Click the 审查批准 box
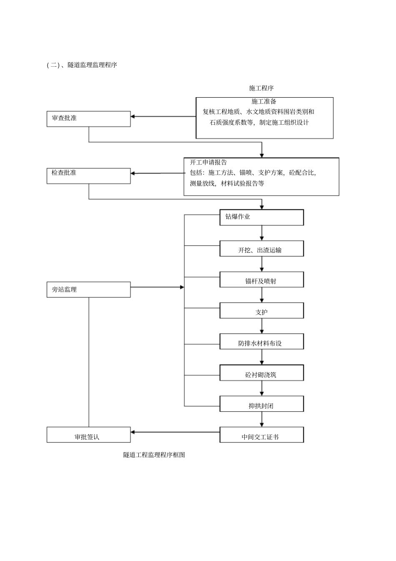(88, 119)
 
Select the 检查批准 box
(88, 176)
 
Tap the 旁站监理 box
(88, 289)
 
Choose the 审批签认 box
(88, 435)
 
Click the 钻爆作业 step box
(261, 217)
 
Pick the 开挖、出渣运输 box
(261, 249)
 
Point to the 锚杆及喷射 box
(261, 279)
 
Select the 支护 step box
(261, 311)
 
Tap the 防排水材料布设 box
(261, 342)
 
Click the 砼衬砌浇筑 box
(261, 373)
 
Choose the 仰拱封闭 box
(261, 404)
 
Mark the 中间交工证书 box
(261, 435)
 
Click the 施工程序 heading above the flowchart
(261, 88)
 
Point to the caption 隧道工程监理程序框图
(154, 455)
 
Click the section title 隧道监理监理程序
(92, 65)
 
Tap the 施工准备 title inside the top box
(264, 101)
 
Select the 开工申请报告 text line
(208, 162)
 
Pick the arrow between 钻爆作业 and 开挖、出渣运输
(262, 233)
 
